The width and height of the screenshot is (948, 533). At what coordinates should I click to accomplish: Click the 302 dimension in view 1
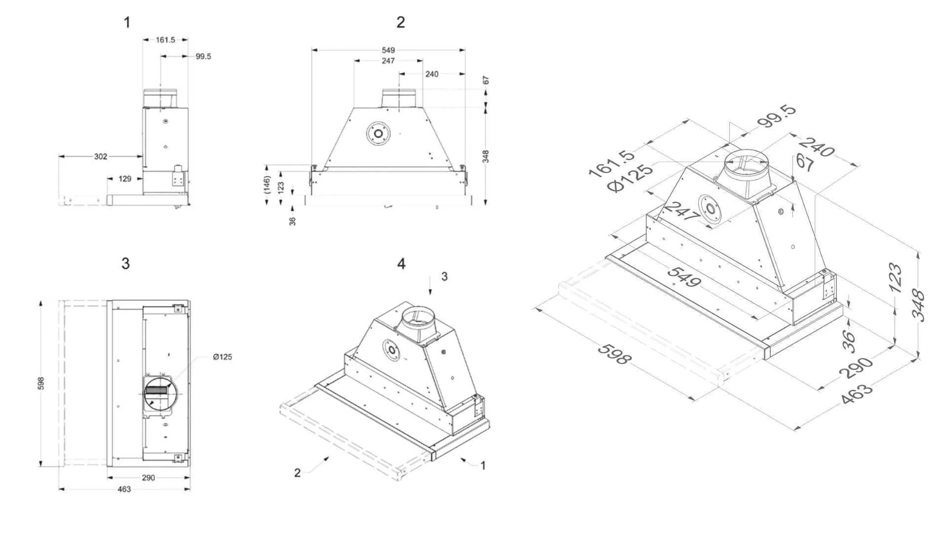point(100,157)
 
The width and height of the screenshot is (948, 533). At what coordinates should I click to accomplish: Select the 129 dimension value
point(125,179)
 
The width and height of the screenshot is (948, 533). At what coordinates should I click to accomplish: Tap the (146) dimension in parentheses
point(267,184)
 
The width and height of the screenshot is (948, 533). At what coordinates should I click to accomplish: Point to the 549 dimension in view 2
point(389,50)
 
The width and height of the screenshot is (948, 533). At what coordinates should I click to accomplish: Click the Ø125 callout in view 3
point(222,357)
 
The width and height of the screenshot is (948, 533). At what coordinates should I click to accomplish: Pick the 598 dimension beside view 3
point(41,383)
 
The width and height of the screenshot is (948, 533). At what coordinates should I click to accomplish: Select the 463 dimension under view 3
point(124,489)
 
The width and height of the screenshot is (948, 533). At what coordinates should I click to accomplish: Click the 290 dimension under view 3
point(148,478)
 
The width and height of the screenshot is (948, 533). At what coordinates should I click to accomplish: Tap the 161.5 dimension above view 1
point(165,40)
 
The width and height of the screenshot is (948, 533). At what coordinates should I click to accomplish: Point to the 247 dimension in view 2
point(389,61)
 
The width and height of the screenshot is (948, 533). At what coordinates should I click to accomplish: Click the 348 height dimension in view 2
point(486,157)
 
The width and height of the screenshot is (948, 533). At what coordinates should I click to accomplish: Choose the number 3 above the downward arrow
point(444,277)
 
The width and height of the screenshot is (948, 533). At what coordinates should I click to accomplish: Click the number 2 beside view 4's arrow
point(297,473)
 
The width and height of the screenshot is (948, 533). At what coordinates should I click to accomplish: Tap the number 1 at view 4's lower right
point(483,466)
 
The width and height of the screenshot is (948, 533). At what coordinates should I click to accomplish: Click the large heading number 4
point(401,264)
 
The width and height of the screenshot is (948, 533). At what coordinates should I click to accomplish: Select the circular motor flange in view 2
point(378,133)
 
